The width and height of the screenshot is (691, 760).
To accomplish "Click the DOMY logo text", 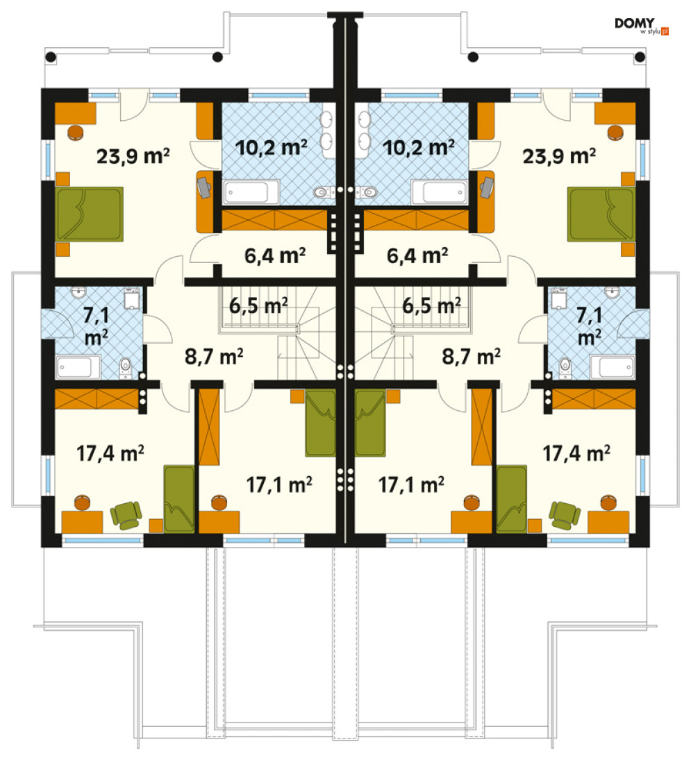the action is tap(634, 23).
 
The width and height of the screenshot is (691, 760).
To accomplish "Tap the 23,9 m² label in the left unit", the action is tap(133, 156).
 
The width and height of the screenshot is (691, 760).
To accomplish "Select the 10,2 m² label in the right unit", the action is tap(419, 147).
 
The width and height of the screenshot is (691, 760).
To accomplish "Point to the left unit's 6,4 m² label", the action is tap(275, 255).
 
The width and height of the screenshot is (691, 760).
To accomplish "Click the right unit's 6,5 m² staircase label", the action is tap(431, 305).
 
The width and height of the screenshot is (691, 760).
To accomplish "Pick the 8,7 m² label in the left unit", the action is tap(214, 356).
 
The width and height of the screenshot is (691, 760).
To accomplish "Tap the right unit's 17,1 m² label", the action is tap(411, 484).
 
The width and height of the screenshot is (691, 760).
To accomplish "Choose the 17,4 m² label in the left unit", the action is tap(110, 453).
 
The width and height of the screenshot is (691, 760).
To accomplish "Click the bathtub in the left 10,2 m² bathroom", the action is tap(251, 192).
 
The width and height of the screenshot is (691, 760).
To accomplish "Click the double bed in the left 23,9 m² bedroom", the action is tap(89, 214).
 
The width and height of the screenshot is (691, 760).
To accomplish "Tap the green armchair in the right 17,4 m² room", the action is tap(565, 515).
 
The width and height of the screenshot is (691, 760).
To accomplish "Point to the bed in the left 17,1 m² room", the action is tap(320, 423).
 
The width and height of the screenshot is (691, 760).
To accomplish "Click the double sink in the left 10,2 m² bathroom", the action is tap(327, 130).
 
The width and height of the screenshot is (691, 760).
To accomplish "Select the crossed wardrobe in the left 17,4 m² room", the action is tap(97, 398).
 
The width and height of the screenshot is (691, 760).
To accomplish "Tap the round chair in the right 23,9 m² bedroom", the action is tap(615, 133).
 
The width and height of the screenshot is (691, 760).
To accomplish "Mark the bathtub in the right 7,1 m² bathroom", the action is tap(612, 367).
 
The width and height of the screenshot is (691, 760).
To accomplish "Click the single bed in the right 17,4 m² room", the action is tap(512, 499).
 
